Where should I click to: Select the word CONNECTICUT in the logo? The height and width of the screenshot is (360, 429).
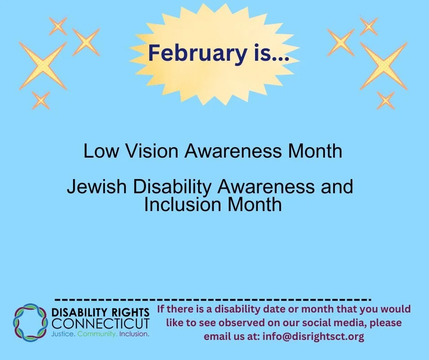click(x=101, y=324)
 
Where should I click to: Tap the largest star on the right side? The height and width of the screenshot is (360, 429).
click(x=383, y=65)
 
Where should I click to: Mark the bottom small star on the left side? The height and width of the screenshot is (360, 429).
click(x=41, y=100)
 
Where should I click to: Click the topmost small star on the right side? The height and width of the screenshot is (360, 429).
click(x=369, y=26)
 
